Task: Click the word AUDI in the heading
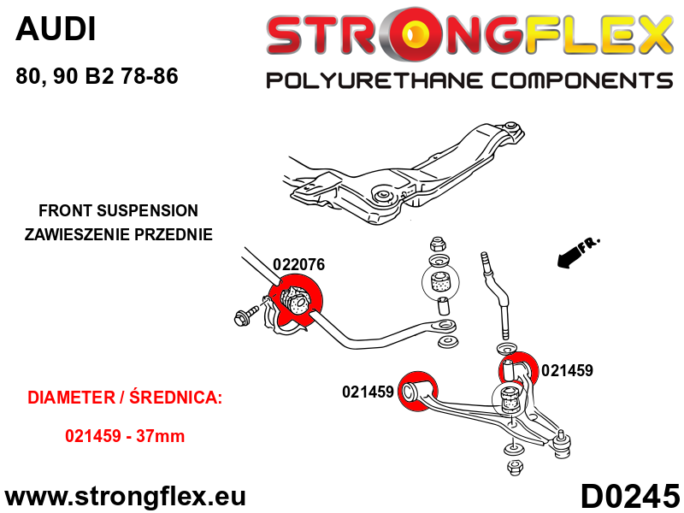point(56,29)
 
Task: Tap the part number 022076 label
point(298,264)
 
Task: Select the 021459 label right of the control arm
point(567,370)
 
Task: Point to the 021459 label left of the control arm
point(369,392)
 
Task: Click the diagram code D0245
point(630,496)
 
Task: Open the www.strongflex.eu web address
point(125,497)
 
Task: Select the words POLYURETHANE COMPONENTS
point(469,81)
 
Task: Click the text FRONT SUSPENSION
point(118,210)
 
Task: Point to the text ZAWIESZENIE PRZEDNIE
point(118,234)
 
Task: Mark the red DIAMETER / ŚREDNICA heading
point(125,398)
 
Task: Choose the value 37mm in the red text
point(160,436)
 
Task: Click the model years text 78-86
point(150,76)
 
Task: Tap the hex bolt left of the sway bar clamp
point(245,315)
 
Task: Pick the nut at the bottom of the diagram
point(515,467)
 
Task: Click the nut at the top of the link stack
point(437,244)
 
